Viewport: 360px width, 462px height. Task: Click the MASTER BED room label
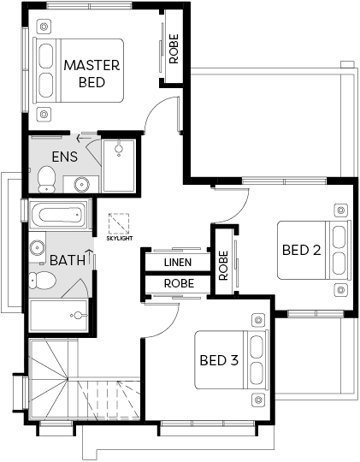pos(91,74)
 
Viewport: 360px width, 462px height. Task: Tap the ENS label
pos(65,157)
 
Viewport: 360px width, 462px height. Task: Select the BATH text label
pos(68,260)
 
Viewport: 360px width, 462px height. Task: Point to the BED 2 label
pos(301,250)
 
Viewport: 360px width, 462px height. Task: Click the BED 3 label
pos(219,360)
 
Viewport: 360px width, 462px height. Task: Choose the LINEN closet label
pos(178,263)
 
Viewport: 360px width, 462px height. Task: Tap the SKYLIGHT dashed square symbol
pos(119,223)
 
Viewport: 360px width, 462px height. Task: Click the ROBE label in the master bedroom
pos(174,49)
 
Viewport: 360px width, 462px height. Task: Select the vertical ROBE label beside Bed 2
pos(223,265)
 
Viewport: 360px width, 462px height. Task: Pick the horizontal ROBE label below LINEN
pos(179,283)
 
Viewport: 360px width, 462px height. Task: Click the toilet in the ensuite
pos(46,179)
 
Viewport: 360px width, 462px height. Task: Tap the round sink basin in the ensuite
pos(81,185)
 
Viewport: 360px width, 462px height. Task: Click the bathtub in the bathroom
pos(60,214)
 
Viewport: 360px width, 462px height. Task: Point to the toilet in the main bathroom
pos(42,281)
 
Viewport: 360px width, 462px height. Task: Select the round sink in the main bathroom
pos(37,247)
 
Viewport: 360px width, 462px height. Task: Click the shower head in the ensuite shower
pos(119,148)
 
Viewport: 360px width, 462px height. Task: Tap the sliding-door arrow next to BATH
pos(89,257)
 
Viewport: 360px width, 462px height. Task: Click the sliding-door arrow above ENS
pos(84,139)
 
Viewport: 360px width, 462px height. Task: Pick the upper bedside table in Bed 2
pos(341,210)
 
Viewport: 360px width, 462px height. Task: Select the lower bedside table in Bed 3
pos(258,400)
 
